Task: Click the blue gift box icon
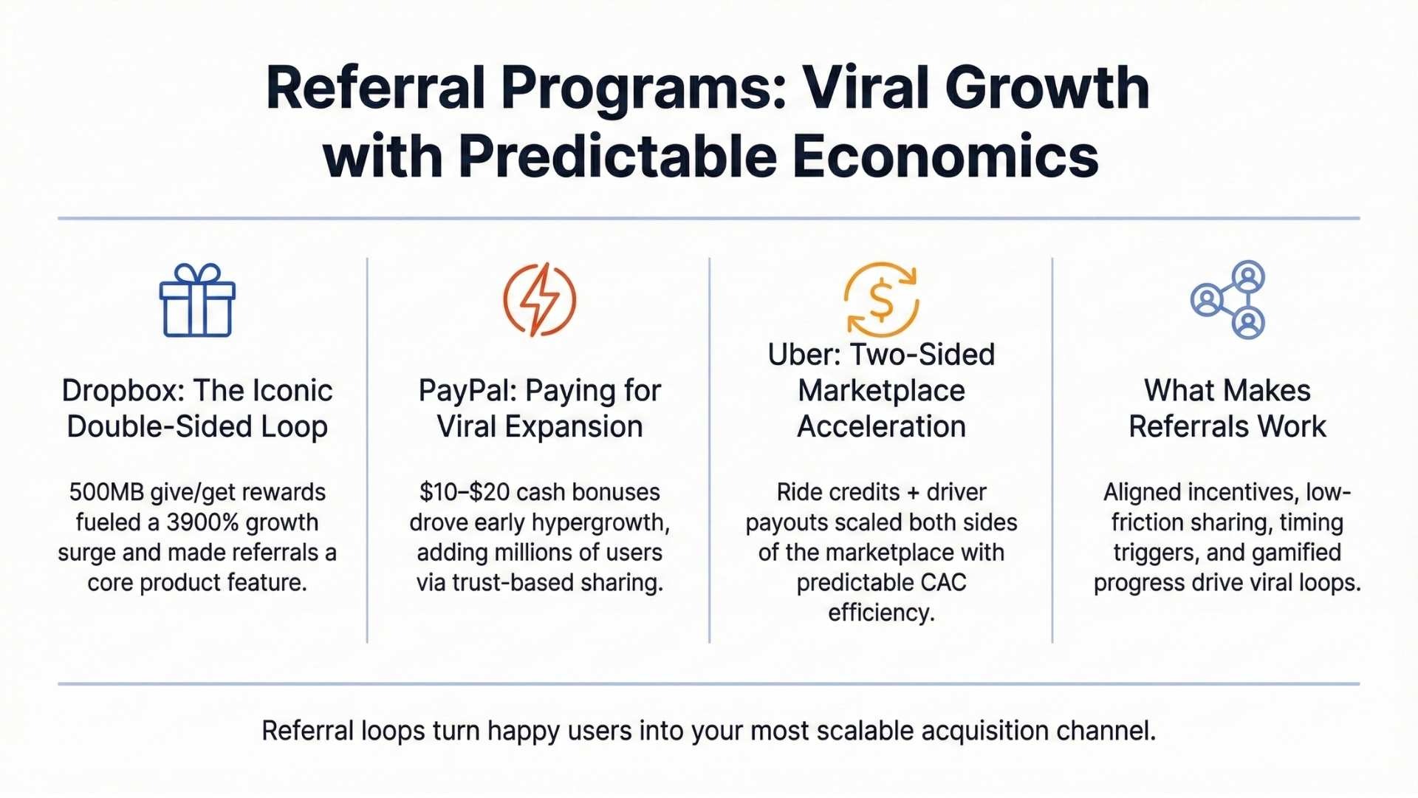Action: (197, 300)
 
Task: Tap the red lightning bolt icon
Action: (540, 299)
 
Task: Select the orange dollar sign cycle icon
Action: (881, 299)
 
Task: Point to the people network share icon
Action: (1228, 299)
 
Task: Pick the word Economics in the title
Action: (945, 157)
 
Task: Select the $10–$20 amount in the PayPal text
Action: (464, 492)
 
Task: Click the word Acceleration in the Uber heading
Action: (881, 427)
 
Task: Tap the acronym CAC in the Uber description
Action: (943, 583)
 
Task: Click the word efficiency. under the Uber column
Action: (881, 613)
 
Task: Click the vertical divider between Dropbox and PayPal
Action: (367, 450)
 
